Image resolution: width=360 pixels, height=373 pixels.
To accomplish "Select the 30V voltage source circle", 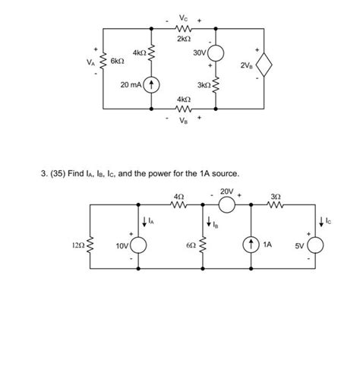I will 216,52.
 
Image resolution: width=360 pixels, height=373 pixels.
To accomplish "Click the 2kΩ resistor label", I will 184,38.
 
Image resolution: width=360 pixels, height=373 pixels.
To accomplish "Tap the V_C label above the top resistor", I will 184,17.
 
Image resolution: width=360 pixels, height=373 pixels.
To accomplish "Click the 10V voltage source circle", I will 140,246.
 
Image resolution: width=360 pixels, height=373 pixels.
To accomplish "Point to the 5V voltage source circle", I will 315,246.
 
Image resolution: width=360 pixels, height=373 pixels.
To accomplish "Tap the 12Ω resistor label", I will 77,246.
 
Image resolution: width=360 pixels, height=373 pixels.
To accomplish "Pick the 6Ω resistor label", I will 191,246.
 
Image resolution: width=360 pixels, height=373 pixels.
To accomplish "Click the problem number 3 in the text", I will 43,174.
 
